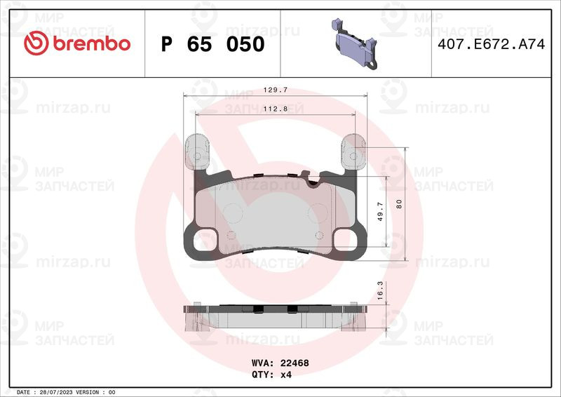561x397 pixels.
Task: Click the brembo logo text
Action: pos(92,43)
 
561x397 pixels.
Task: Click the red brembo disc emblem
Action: pos(36,43)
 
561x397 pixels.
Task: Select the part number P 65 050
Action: pos(213,44)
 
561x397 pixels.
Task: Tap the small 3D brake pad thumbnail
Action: pos(355,43)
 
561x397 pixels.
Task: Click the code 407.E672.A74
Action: pos(492,44)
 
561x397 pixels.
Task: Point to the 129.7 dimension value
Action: pos(276,90)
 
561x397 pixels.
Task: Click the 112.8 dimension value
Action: pos(276,109)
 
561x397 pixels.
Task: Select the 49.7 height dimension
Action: pos(380,211)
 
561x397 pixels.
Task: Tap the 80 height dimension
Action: pos(399,204)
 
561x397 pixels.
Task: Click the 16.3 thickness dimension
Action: pos(380,290)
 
